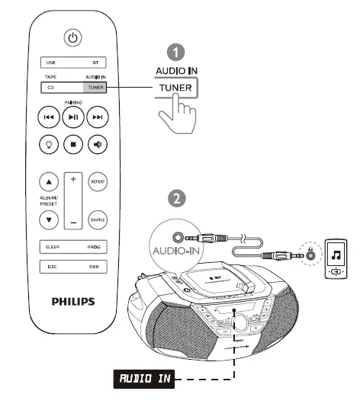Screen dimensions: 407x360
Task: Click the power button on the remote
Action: pos(72,37)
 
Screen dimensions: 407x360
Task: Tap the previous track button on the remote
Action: pos(49,117)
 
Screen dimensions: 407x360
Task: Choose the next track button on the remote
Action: pos(97,117)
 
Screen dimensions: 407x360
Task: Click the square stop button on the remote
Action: pos(72,143)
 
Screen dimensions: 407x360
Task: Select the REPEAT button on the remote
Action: pos(96,183)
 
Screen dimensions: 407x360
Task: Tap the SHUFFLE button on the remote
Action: pos(96,219)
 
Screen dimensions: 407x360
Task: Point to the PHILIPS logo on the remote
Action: pos(73,301)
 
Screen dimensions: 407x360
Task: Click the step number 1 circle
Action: pos(176,52)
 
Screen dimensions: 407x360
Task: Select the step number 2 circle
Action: pos(176,198)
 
